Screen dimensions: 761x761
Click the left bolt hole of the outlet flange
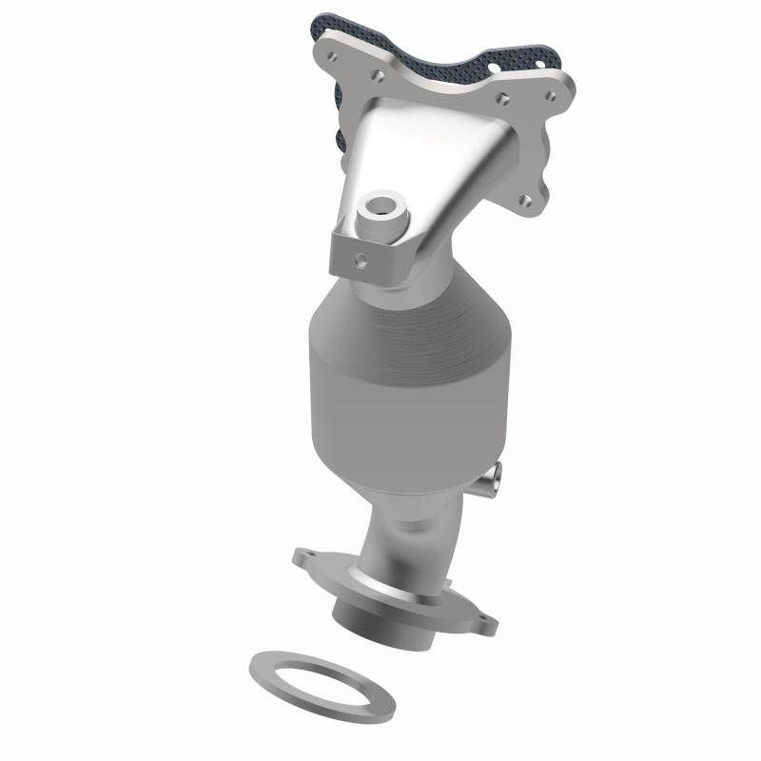click(305, 555)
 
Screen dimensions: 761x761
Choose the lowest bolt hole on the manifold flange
click(525, 200)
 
